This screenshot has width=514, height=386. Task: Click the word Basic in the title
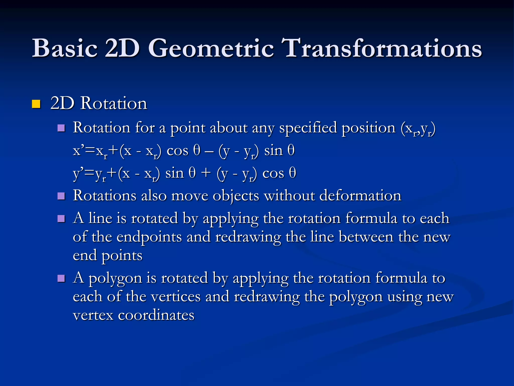pyautogui.click(x=65, y=48)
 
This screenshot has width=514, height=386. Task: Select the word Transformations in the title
pyautogui.click(x=381, y=48)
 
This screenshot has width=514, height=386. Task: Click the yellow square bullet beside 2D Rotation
pyautogui.click(x=36, y=104)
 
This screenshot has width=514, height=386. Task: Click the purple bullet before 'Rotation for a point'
pyautogui.click(x=61, y=128)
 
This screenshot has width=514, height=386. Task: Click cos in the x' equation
pyautogui.click(x=177, y=151)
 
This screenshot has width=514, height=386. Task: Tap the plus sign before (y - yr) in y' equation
pyautogui.click(x=206, y=173)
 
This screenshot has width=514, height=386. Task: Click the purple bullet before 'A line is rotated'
pyautogui.click(x=61, y=219)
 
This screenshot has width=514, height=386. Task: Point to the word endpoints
pyautogui.click(x=149, y=237)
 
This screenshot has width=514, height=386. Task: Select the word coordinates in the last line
pyautogui.click(x=156, y=315)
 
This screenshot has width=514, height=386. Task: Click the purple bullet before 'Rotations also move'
pyautogui.click(x=61, y=196)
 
